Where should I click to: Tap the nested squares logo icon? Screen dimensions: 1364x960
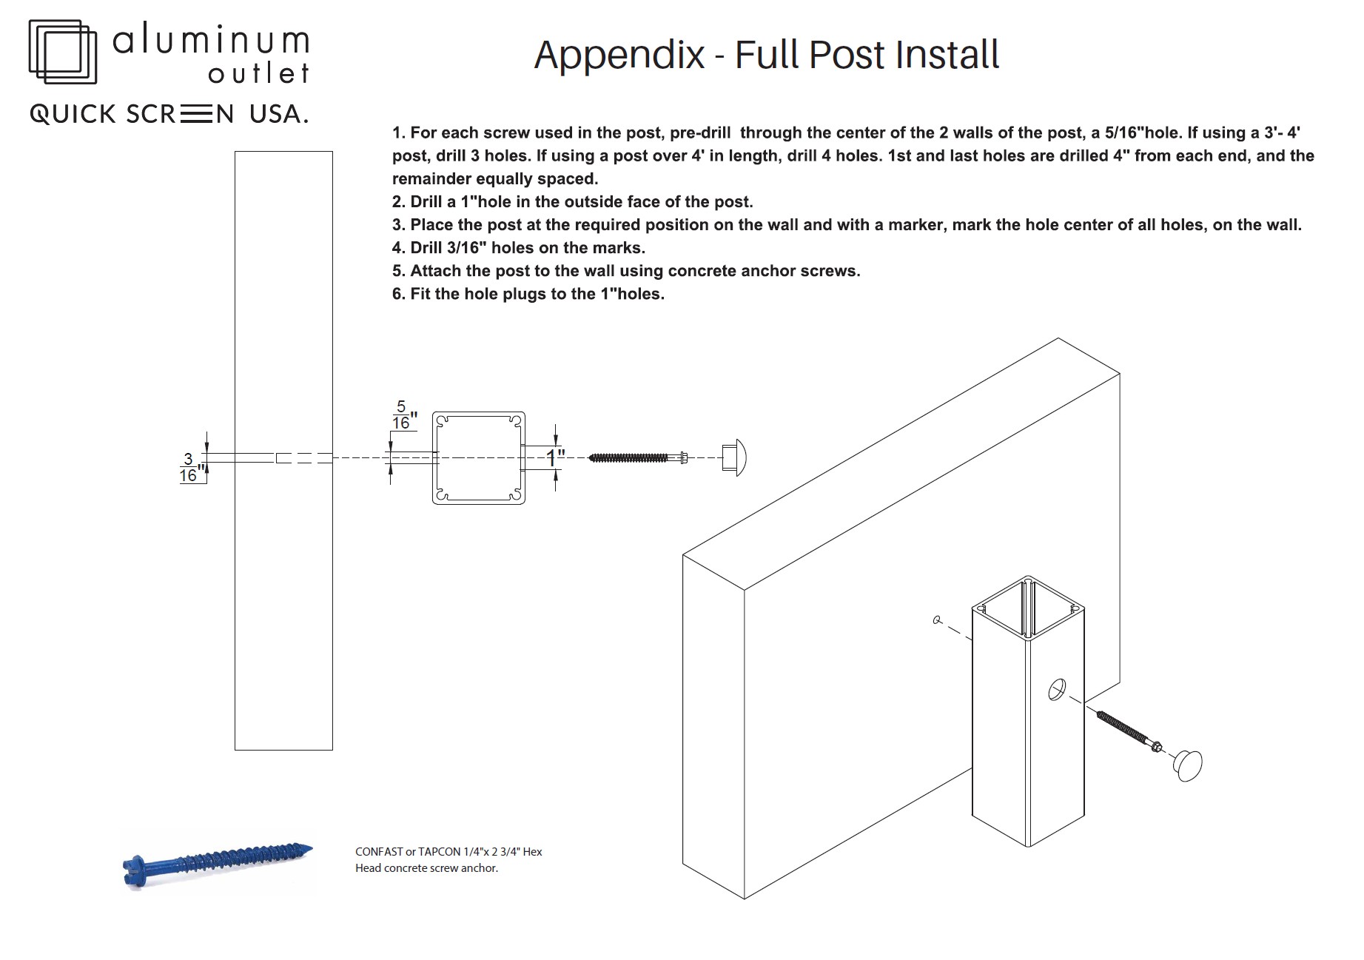63,51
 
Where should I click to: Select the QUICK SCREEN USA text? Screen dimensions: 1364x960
169,114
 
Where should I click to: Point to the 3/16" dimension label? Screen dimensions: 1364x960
190,467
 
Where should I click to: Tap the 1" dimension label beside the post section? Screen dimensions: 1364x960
556,458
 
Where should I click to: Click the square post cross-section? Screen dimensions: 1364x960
479,458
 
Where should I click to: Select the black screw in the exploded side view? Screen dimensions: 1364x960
638,458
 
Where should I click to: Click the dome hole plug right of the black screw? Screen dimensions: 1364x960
734,458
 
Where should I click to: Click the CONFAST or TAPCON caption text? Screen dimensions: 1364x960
448,859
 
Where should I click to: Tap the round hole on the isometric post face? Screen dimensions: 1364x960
1056,689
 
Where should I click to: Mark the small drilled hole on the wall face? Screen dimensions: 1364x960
937,620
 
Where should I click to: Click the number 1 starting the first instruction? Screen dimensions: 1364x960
397,133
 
